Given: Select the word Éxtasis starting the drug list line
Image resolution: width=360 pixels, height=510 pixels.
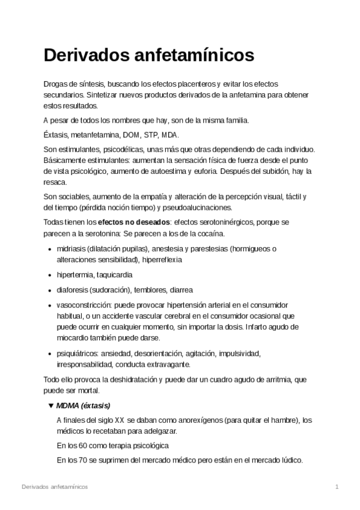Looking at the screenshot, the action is pos(57,135).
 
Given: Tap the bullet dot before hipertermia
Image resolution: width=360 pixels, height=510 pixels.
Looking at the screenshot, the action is pos(49,275).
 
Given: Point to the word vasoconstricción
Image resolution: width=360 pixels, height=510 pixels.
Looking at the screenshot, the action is pos(83,304).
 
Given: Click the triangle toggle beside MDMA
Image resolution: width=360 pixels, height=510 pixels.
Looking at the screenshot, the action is pos(50,405).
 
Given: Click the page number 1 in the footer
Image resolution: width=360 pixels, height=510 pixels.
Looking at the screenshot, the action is pos(337,486).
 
